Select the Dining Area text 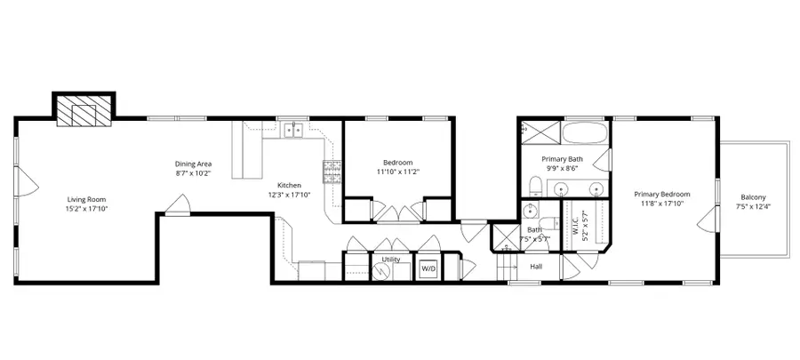tap(192, 163)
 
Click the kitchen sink tap(292, 132)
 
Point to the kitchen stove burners tap(332, 172)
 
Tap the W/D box tap(428, 268)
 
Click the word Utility tap(390, 260)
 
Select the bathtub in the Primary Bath tap(586, 134)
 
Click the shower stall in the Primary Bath tap(540, 133)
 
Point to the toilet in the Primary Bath tap(535, 187)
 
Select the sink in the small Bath tap(531, 211)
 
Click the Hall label tap(536, 266)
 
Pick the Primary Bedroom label tap(661, 193)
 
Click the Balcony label tap(753, 197)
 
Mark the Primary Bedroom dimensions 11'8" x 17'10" tap(661, 204)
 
